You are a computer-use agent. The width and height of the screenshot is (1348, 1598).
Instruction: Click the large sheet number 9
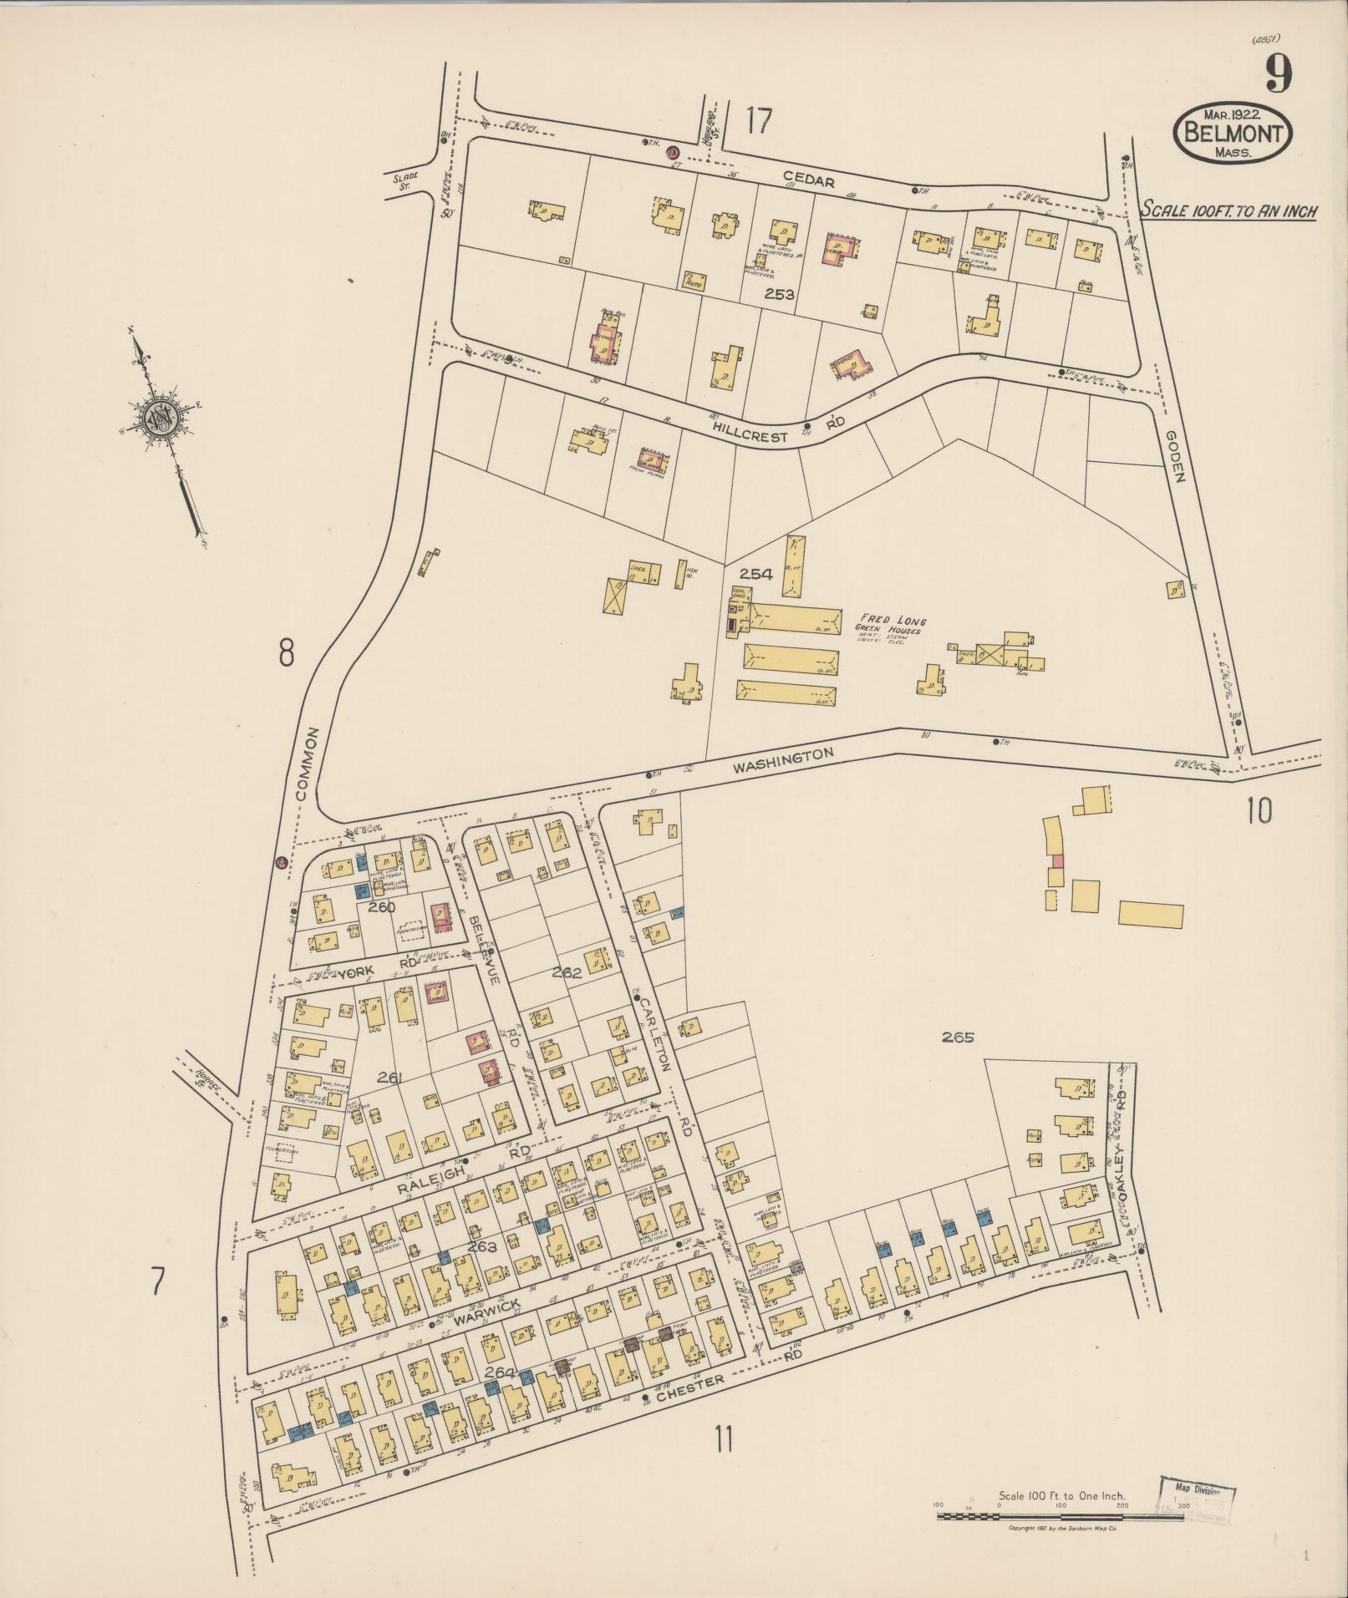tap(1276, 74)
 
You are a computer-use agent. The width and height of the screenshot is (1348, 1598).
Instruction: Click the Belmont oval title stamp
tap(1233, 134)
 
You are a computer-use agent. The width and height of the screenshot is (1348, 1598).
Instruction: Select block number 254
tap(755, 574)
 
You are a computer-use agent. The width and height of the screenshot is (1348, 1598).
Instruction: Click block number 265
tap(958, 1038)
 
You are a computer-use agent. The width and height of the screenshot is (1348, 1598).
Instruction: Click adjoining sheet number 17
tap(758, 122)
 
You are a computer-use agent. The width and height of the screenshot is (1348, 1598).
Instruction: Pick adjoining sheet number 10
tap(1259, 810)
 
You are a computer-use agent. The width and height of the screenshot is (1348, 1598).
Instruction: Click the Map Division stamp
tap(1196, 1493)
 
